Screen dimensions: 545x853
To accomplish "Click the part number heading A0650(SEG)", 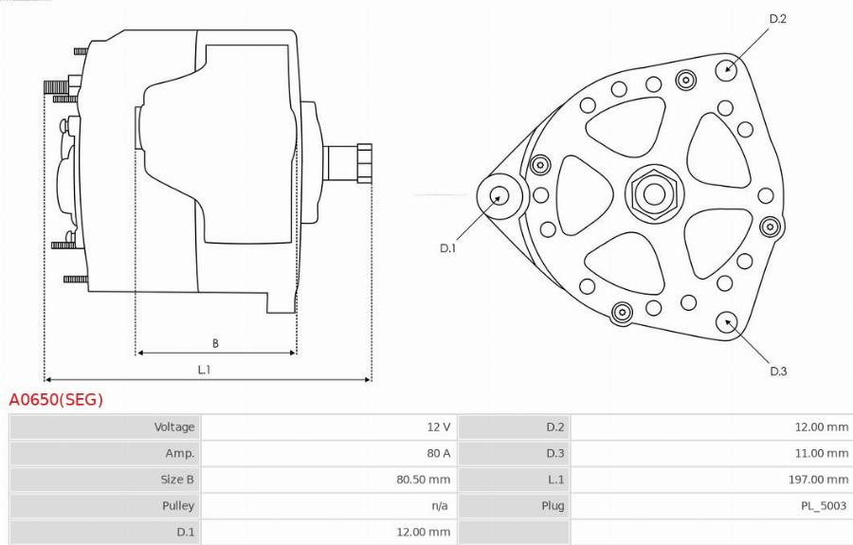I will (56, 400).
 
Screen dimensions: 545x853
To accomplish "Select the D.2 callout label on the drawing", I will (777, 19).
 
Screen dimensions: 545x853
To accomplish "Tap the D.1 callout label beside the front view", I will (447, 248).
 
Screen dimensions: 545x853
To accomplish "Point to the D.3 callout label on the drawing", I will (777, 371).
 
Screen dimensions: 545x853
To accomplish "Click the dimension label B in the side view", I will (215, 343).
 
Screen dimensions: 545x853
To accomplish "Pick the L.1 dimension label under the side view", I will (204, 370).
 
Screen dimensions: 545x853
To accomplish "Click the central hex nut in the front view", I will (653, 195).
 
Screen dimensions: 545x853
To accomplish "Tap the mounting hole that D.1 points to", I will (499, 196).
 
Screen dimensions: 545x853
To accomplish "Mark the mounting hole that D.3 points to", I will (727, 320).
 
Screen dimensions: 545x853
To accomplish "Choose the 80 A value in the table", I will (439, 453).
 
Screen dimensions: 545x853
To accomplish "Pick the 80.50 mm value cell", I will (423, 480).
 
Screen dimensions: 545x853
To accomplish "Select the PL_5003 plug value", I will (824, 506).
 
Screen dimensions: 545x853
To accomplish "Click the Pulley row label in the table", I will (177, 506).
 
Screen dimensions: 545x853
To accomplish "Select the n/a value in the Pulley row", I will (439, 506).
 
